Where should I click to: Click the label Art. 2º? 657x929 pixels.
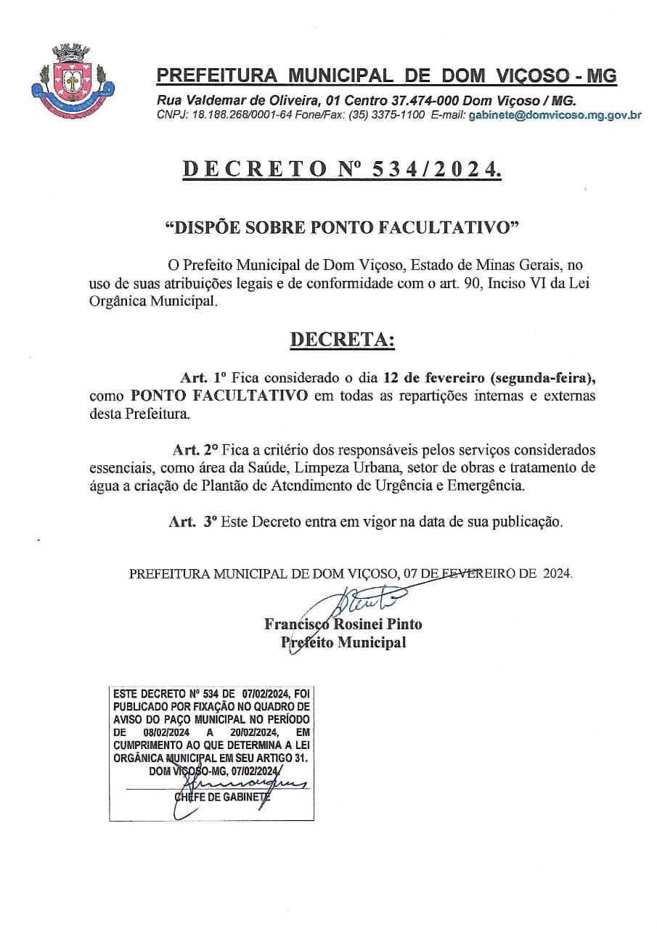(196, 449)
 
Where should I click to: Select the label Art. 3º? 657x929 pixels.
(193, 521)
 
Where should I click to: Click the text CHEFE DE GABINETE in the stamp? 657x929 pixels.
(221, 796)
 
